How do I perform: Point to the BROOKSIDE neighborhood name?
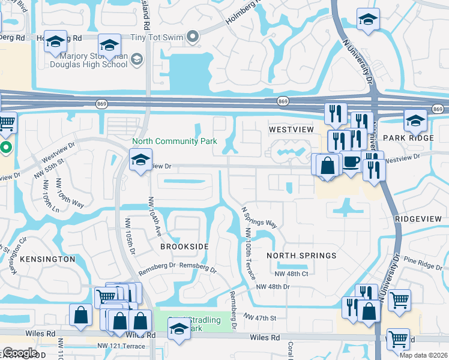(184, 247)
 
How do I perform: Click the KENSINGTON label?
(47, 259)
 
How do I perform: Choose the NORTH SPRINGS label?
(301, 256)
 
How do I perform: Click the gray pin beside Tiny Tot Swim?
(192, 37)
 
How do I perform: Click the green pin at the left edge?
(5, 148)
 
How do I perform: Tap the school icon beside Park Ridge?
(415, 121)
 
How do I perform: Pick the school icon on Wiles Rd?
(179, 329)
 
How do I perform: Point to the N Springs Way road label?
(259, 218)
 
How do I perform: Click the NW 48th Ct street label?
(291, 274)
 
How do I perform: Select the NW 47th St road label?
(259, 316)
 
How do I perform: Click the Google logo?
(20, 353)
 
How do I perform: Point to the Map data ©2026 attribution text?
(423, 355)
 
